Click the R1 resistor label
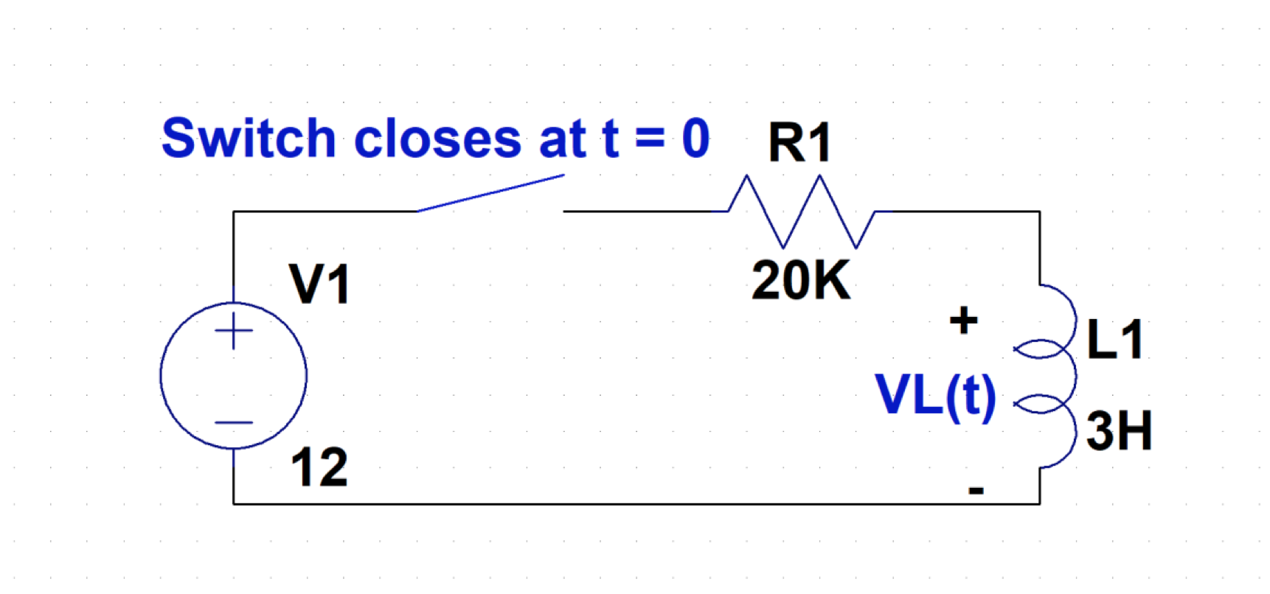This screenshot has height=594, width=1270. click(x=799, y=142)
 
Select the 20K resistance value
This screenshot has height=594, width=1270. click(x=801, y=281)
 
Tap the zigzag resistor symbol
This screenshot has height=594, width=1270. click(x=802, y=212)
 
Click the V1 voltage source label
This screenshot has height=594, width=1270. click(x=319, y=284)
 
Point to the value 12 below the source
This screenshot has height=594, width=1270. click(x=319, y=467)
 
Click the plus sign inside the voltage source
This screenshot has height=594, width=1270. click(x=234, y=330)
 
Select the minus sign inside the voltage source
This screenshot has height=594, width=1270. click(x=234, y=423)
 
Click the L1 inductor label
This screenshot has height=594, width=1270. click(x=1115, y=340)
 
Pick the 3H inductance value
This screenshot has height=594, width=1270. click(x=1119, y=431)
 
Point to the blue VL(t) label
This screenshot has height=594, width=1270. click(x=935, y=396)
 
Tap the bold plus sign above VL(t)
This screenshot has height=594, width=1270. click(x=963, y=321)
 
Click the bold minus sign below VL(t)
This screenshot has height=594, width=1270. click(x=976, y=490)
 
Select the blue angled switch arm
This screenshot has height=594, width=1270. click(x=490, y=193)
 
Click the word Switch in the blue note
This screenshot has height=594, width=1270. click(x=249, y=139)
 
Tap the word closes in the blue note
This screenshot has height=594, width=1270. click(x=438, y=139)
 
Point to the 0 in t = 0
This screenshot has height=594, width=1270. click(x=695, y=139)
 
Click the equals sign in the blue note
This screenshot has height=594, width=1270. click(x=650, y=139)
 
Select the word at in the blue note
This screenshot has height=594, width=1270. click(x=563, y=139)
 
